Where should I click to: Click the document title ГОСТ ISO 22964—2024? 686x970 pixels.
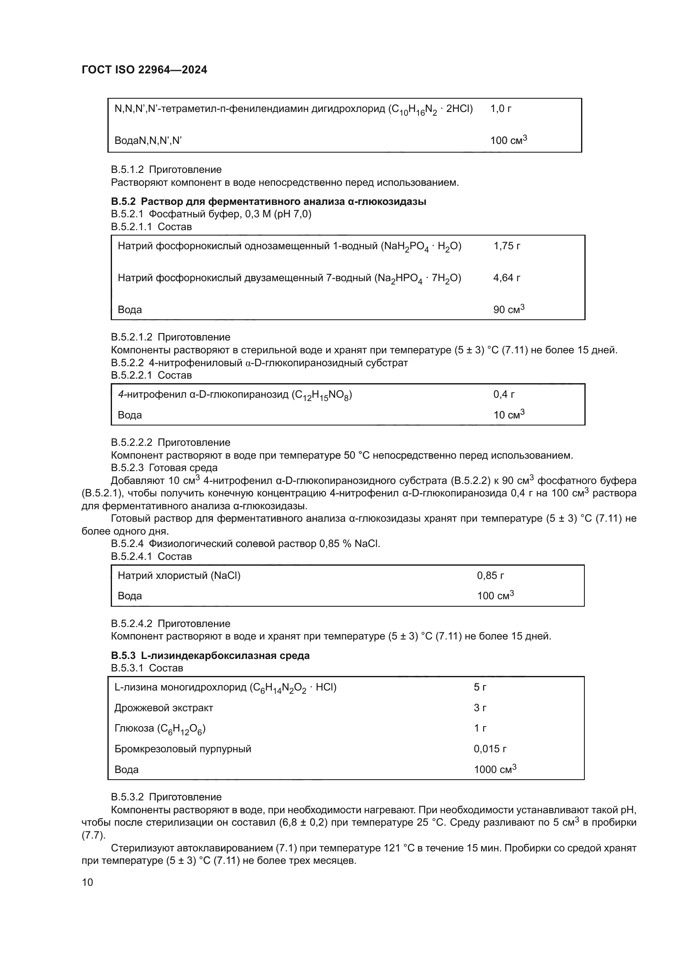[144, 70]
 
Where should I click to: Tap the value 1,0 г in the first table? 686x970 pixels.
[501, 109]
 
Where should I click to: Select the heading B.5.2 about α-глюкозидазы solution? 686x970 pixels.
[268, 202]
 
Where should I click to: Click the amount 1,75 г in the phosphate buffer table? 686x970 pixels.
[506, 246]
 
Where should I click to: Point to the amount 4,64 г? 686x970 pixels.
[506, 278]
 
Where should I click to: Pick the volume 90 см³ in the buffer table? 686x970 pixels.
[508, 309]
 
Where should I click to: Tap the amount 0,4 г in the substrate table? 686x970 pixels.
[504, 394]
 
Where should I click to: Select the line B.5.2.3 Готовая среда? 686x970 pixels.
[164, 468]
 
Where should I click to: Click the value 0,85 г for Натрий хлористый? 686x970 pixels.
[490, 576]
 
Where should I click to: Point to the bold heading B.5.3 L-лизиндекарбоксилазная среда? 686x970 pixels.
[210, 656]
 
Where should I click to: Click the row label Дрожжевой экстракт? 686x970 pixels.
[163, 707]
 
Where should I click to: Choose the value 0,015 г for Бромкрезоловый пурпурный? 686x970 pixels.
[489, 749]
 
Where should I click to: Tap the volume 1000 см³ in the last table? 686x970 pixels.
[495, 769]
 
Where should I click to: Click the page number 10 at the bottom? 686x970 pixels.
[87, 882]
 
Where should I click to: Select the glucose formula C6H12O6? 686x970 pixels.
[182, 729]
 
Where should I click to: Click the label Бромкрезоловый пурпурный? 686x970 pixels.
[182, 749]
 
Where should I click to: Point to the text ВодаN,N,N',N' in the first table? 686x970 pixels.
[148, 141]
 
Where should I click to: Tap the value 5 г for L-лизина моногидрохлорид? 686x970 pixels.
[479, 687]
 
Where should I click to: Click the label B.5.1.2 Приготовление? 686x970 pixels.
[166, 170]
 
